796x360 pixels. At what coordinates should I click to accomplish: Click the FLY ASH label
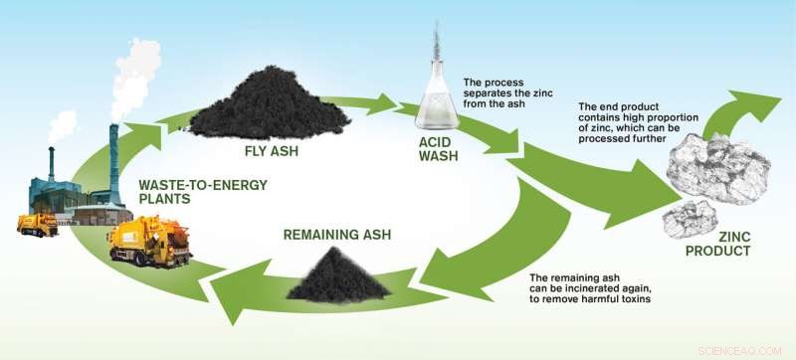point(271,152)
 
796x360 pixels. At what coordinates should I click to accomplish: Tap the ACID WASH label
point(441,155)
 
